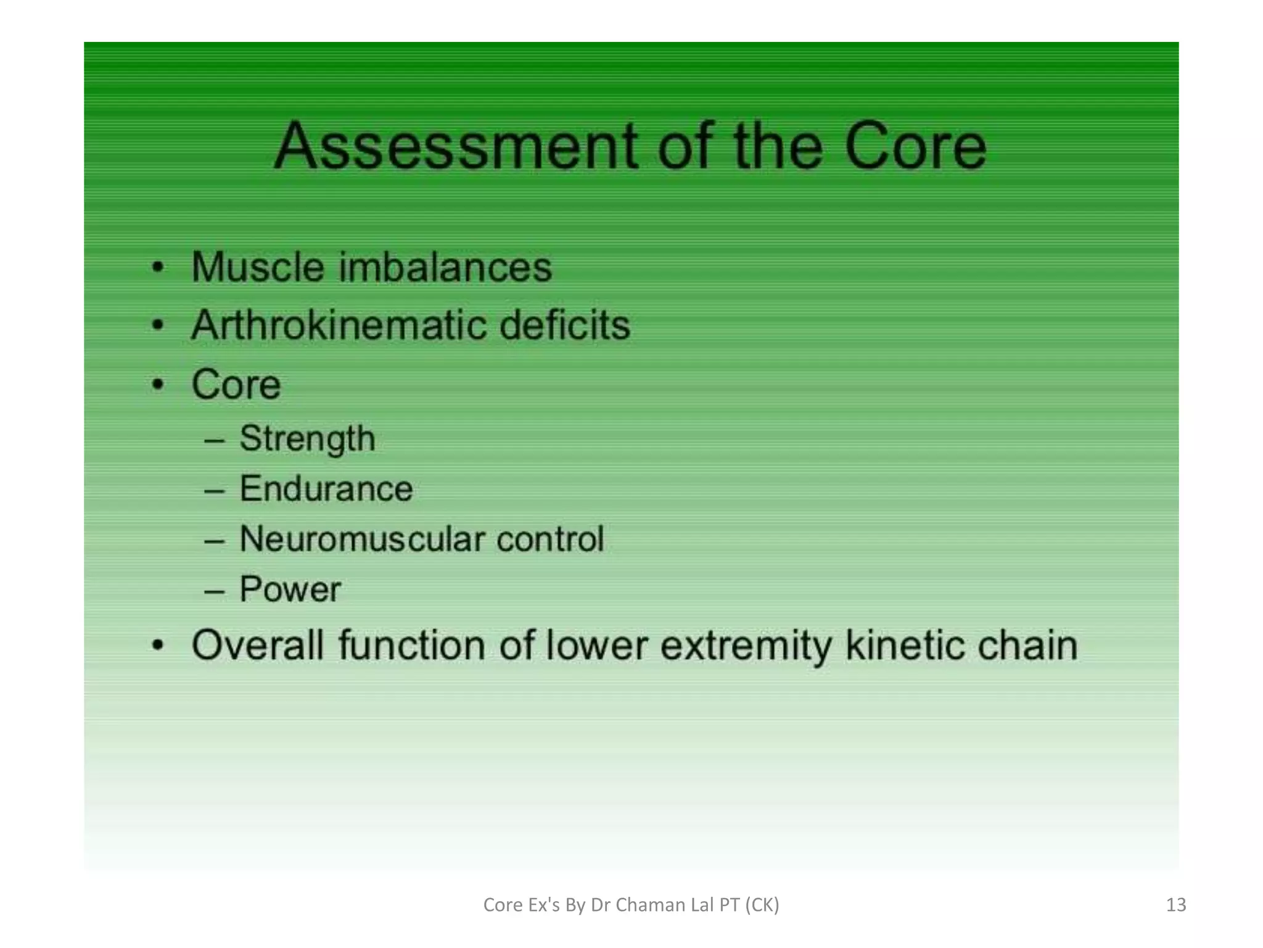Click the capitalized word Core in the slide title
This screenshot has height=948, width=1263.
[915, 147]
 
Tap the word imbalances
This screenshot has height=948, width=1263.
[445, 267]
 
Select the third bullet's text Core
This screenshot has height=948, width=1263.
[236, 384]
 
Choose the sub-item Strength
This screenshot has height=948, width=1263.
[307, 439]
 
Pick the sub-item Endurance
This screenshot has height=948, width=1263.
[326, 489]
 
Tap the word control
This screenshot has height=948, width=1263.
[550, 539]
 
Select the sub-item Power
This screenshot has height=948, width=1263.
[290, 589]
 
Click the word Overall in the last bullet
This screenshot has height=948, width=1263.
[258, 646]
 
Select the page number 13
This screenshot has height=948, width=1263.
[1176, 905]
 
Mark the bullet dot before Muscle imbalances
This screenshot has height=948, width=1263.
[158, 268]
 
